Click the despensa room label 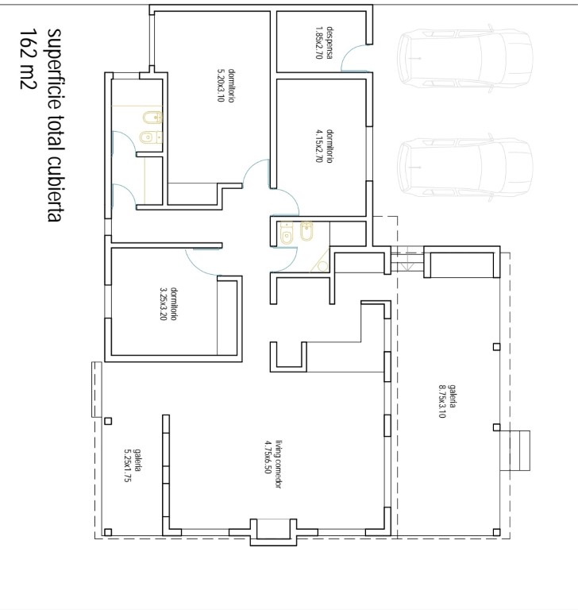point(329,42)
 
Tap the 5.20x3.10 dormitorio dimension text point(221,85)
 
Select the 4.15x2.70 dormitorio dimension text point(319,146)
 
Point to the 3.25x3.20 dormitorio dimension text point(164,304)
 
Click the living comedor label point(278,464)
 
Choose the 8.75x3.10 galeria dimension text point(442,401)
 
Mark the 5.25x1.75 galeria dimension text point(127,465)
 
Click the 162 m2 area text point(27,59)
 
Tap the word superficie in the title point(55,62)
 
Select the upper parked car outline point(464,58)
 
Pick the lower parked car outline point(464,168)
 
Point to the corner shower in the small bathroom point(320,260)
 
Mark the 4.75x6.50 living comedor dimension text point(268,457)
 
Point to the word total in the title point(55,125)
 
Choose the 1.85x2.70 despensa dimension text point(319,42)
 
